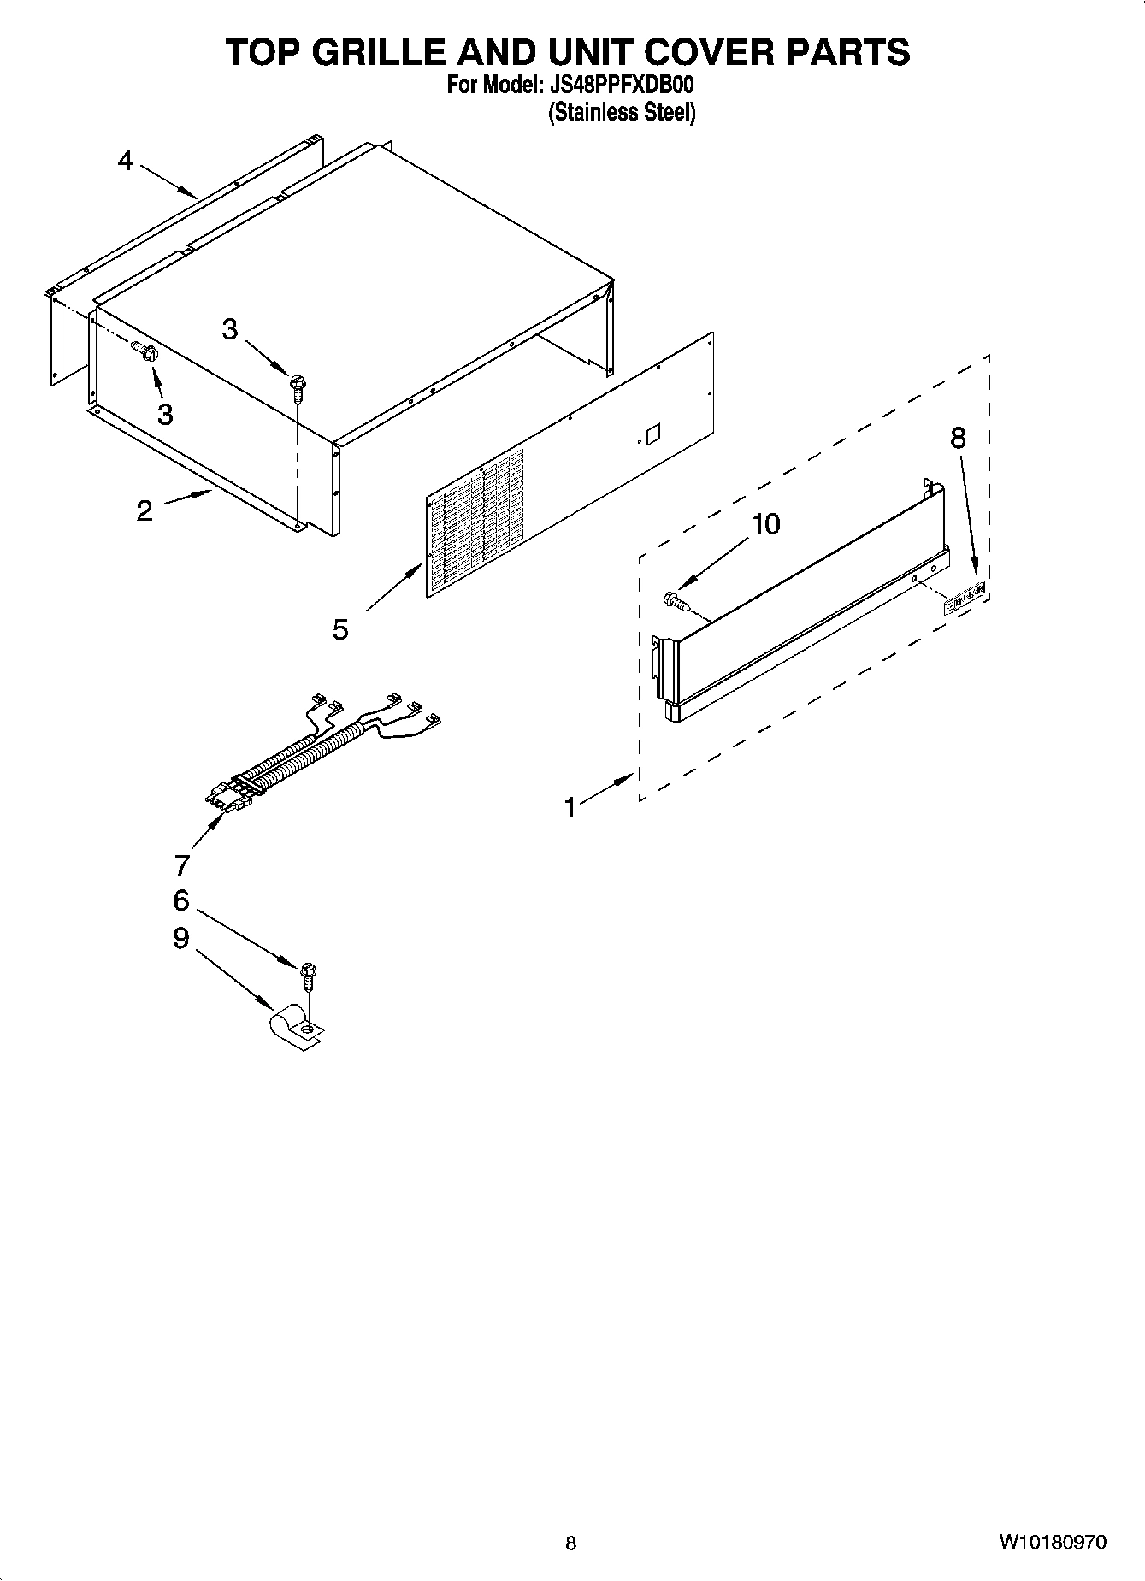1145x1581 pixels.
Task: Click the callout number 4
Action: click(x=126, y=161)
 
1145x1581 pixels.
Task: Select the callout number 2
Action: click(x=145, y=511)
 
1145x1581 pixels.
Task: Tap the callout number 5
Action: click(x=340, y=630)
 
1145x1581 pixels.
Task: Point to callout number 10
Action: click(x=765, y=524)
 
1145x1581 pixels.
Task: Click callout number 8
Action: click(x=958, y=438)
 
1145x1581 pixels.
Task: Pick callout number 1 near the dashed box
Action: click(x=570, y=807)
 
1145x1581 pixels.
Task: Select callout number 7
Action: click(x=181, y=865)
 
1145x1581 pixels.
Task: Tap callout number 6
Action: click(x=180, y=900)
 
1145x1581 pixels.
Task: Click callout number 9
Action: click(x=180, y=938)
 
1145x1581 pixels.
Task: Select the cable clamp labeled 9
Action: click(x=296, y=1026)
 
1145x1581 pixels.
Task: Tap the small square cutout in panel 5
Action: click(x=652, y=433)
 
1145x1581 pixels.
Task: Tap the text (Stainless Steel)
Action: click(x=621, y=112)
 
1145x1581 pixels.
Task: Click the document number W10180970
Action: click(x=1051, y=1543)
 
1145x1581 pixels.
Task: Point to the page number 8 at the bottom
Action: click(x=571, y=1543)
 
